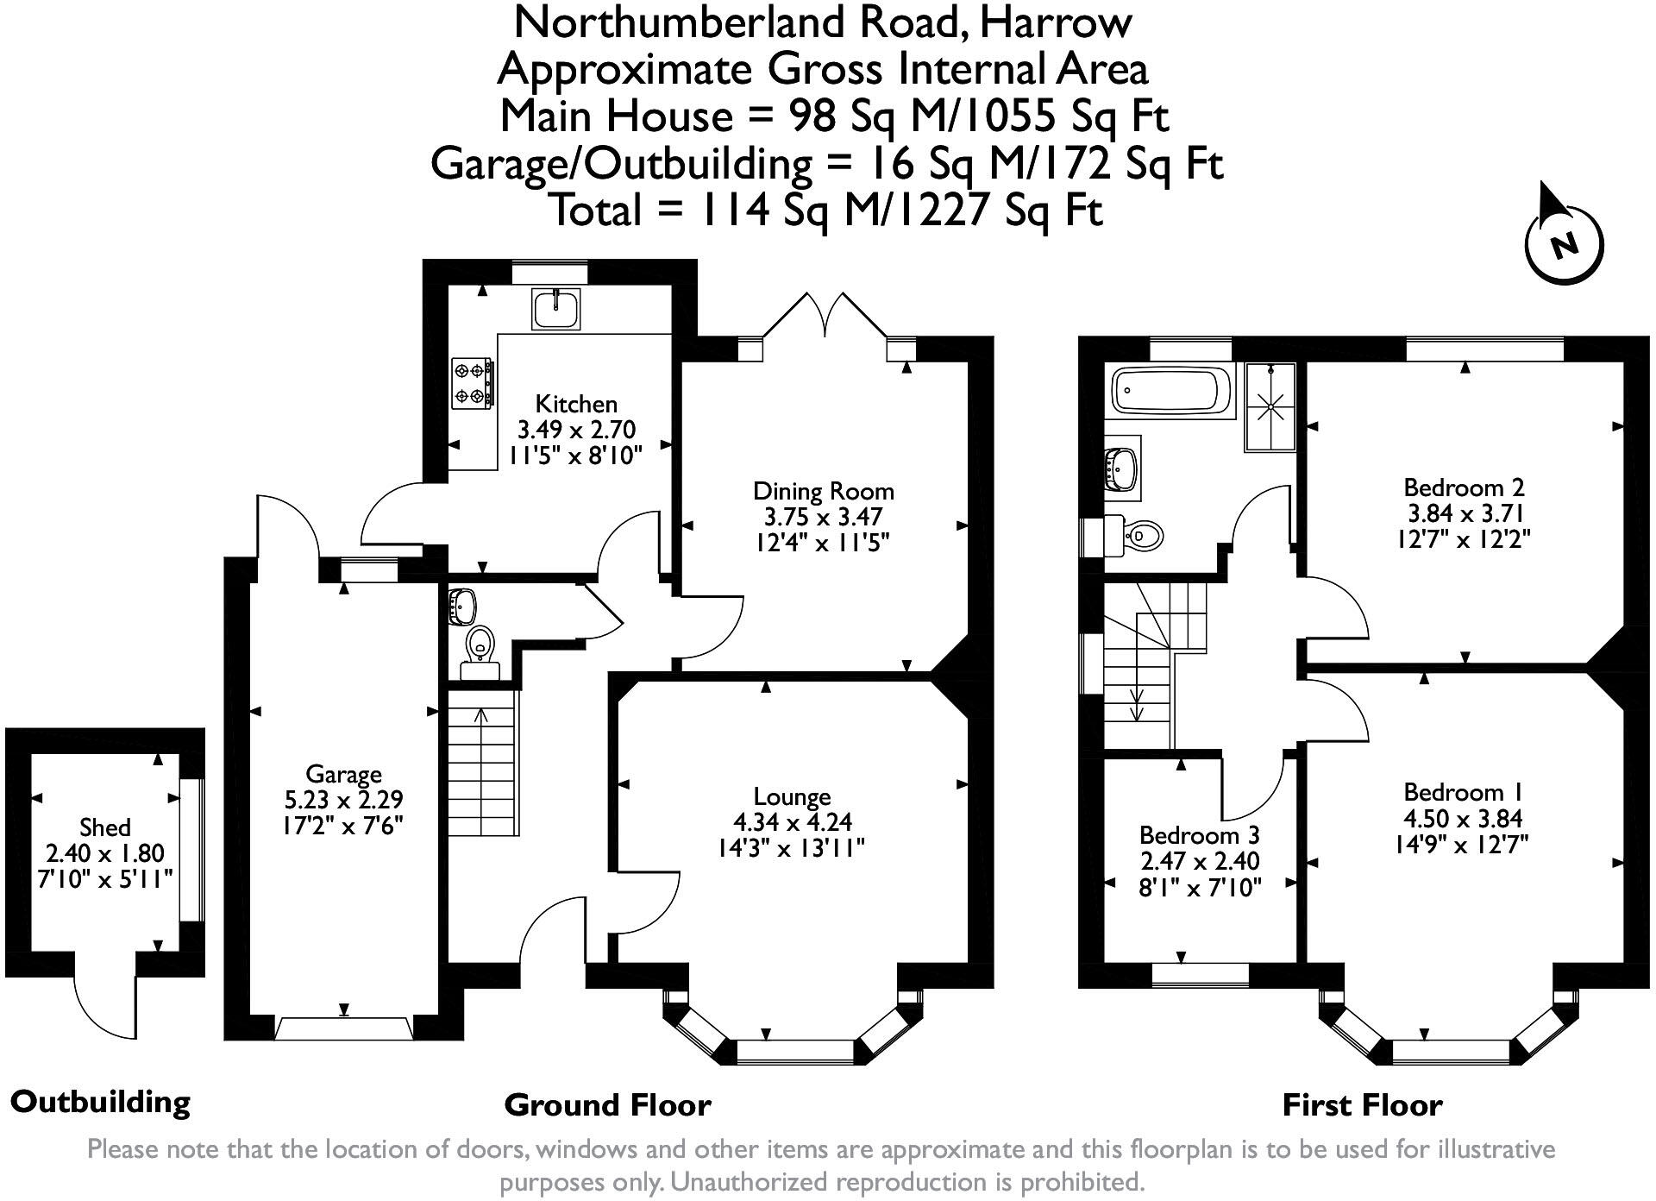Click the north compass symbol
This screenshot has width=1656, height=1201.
pos(1563,241)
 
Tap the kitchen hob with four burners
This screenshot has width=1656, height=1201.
pos(472,383)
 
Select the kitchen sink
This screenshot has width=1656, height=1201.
pos(556,309)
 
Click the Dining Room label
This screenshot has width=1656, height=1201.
pos(823,492)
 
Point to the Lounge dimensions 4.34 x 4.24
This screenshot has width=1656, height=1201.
pos(791,823)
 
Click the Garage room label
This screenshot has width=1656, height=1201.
pos(343,774)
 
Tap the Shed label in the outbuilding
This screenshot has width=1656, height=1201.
pos(105,827)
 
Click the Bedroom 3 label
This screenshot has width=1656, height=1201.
pos(1199,835)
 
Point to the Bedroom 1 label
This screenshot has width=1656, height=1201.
pos(1463,792)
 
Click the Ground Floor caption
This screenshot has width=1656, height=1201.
pos(607,1105)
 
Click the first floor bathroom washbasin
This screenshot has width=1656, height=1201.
pos(1121,466)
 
